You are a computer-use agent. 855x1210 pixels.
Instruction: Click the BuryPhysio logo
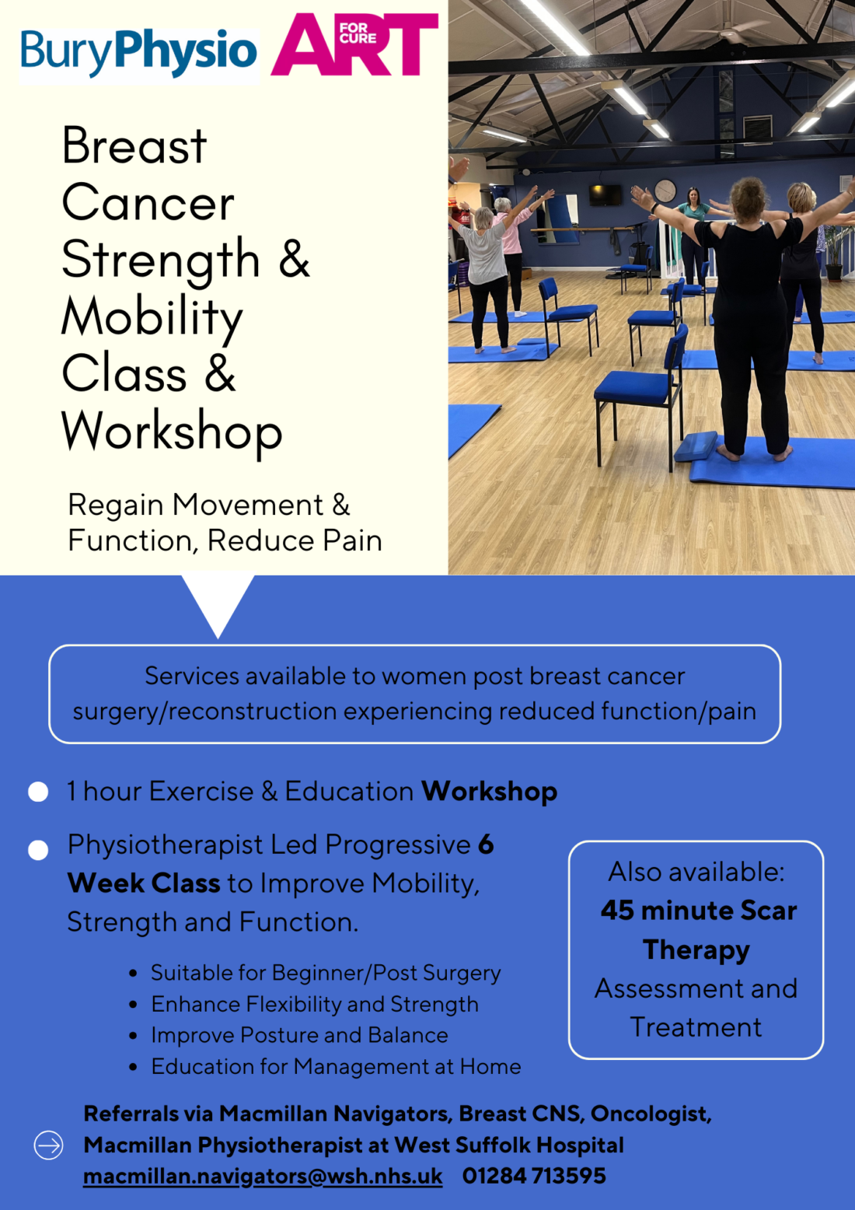coord(138,51)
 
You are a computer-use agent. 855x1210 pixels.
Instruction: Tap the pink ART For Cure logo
coord(354,44)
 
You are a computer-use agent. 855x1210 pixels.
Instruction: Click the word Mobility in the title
coord(152,317)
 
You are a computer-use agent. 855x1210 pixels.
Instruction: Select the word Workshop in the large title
coord(172,431)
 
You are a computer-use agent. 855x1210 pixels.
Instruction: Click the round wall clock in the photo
coord(665,190)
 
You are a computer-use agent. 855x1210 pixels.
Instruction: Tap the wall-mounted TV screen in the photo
coord(605,195)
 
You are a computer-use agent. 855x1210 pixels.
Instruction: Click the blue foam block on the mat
coord(696,446)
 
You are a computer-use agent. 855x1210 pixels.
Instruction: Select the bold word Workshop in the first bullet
coord(489,792)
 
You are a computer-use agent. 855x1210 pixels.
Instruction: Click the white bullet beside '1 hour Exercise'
coord(38,792)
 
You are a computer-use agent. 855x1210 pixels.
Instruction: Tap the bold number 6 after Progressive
coord(486,845)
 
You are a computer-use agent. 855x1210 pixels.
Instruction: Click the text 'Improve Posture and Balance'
coord(299,1035)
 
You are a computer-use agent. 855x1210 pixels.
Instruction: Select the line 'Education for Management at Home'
coord(336,1066)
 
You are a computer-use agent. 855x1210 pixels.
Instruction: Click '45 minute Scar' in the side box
coord(698,911)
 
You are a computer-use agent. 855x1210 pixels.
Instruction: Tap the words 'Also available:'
coord(696,872)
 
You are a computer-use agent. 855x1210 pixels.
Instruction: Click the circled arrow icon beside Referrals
coord(48,1145)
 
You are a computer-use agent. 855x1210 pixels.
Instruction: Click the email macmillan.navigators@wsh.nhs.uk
coord(263,1176)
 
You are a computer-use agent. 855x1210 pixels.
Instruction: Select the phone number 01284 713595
coord(534,1176)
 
